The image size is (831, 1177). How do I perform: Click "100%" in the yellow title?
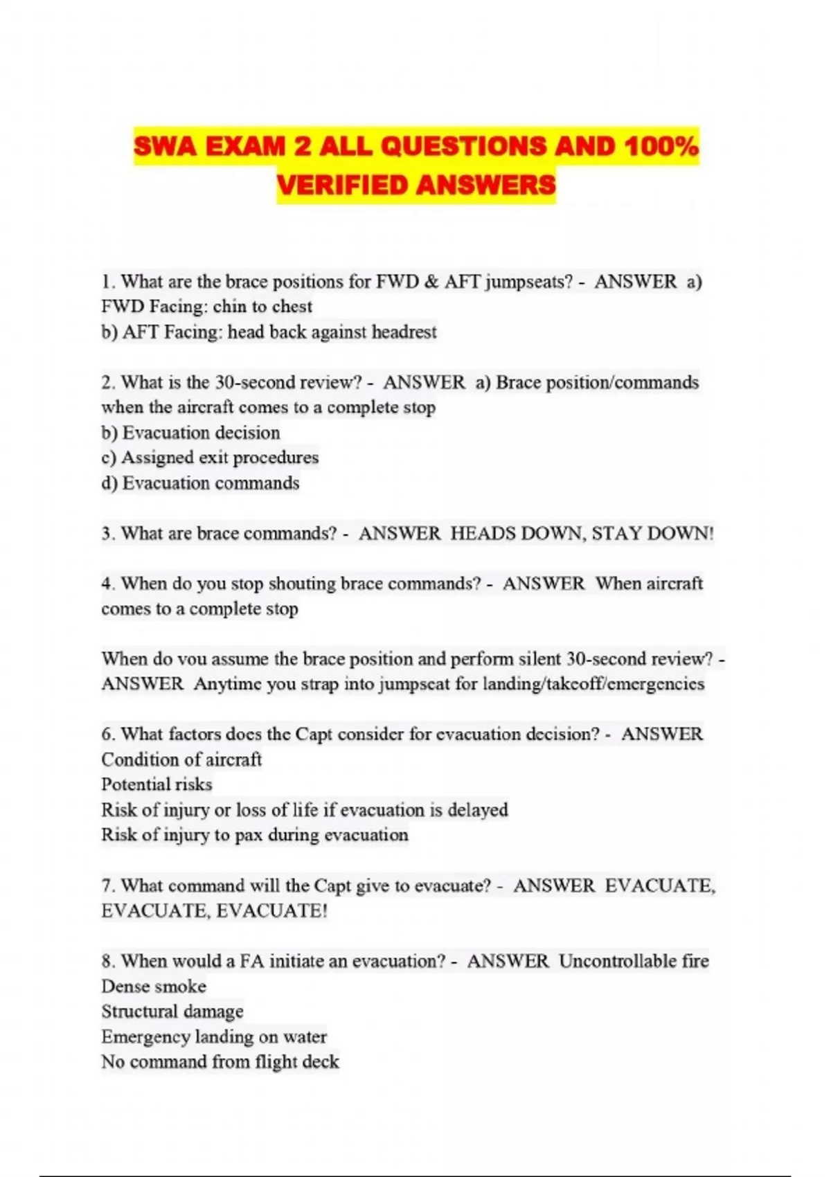661,146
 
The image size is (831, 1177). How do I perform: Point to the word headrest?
404,332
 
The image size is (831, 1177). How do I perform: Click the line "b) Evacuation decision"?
190,433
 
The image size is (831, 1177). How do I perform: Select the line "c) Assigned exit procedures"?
210,458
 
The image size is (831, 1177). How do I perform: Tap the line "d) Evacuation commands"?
200,483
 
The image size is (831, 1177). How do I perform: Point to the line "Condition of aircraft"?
181,760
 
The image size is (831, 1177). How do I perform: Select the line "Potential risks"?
157,784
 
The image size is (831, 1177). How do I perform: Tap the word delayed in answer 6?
478,809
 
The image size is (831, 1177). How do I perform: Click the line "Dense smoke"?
154,986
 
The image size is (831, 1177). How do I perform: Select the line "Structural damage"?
172,1012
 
